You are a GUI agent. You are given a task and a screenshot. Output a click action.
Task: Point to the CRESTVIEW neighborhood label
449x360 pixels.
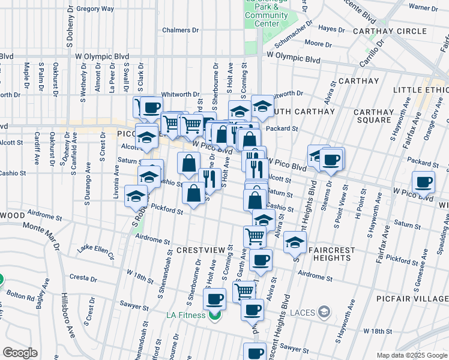pos(200,249)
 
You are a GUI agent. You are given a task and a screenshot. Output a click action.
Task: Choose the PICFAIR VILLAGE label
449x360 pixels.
pos(414,298)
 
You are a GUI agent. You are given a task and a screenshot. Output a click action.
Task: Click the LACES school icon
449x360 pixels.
pos(324,311)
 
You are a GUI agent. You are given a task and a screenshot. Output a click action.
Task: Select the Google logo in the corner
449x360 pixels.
pos(20,353)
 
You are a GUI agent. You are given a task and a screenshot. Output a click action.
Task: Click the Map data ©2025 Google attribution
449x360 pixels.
pos(411,355)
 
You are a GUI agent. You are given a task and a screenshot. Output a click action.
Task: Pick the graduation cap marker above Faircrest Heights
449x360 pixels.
pos(295,242)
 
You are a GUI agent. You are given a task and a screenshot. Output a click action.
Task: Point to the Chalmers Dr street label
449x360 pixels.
pos(180,30)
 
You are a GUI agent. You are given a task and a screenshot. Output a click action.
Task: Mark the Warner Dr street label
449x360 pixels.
pos(424,8)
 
